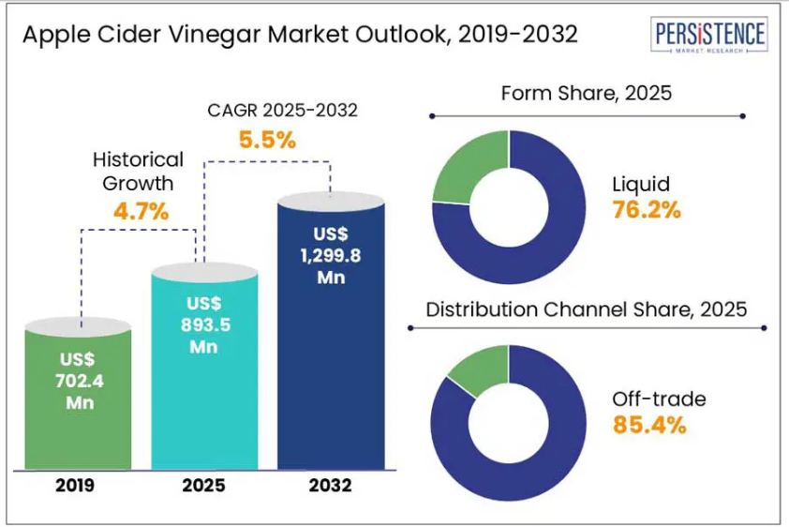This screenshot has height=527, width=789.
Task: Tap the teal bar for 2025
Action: [204, 375]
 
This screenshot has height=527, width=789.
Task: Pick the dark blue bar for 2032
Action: [330, 356]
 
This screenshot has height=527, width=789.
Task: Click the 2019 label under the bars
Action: [74, 486]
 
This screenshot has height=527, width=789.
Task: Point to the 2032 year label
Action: [329, 486]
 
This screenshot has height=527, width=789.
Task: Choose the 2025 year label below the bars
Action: [203, 486]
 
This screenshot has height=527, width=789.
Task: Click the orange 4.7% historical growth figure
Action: [141, 212]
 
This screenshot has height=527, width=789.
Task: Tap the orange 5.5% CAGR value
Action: [267, 141]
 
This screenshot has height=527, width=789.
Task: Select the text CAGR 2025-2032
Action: [282, 111]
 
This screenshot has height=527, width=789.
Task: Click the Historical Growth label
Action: [137, 170]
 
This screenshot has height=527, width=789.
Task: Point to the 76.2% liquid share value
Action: [646, 210]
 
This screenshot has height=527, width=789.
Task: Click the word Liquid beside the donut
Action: [641, 183]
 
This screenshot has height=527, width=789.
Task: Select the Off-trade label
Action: [659, 399]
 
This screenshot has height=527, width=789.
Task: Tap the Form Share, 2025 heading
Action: [587, 93]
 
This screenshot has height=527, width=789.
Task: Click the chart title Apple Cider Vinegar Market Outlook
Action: [300, 35]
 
